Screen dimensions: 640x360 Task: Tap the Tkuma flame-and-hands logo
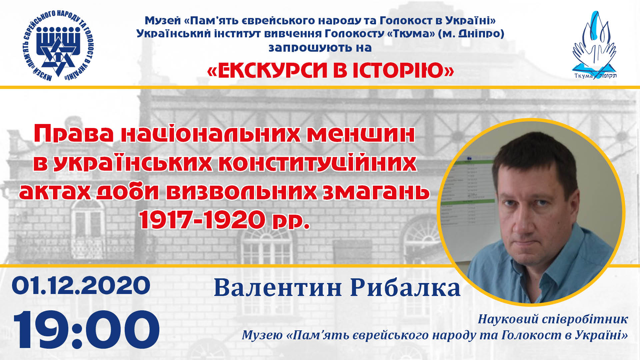click(x=594, y=45)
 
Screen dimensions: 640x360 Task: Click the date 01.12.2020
click(x=81, y=286)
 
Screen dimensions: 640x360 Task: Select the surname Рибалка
click(x=406, y=288)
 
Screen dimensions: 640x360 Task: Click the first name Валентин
click(x=278, y=288)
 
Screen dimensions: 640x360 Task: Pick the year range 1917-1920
click(x=202, y=220)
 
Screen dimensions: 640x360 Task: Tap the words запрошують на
click(x=320, y=48)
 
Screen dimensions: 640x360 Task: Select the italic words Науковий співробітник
click(x=553, y=319)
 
